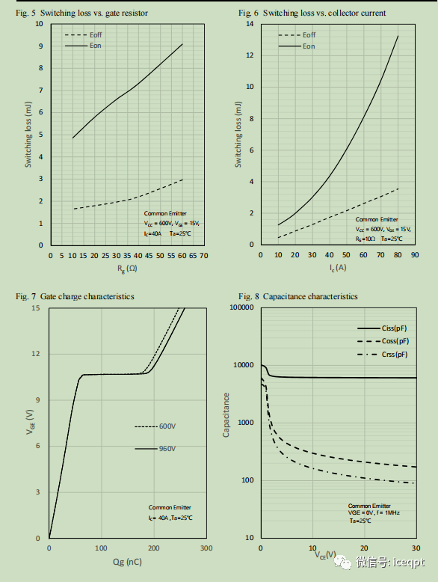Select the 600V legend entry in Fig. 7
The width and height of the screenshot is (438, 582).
tap(167, 426)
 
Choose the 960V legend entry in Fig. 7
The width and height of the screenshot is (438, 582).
tap(167, 448)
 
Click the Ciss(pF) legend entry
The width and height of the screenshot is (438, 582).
tap(392, 328)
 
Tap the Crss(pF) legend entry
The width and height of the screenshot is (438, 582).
tap(392, 354)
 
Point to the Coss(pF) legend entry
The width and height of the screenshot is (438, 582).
tap(392, 340)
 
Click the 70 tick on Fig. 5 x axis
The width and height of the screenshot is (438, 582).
tap(203, 255)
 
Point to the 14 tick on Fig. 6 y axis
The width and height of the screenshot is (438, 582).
tap(250, 24)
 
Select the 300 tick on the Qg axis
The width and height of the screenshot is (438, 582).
tap(206, 548)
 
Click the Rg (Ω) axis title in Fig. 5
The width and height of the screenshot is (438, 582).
tap(126, 268)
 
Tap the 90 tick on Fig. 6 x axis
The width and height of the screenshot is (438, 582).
tap(415, 255)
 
